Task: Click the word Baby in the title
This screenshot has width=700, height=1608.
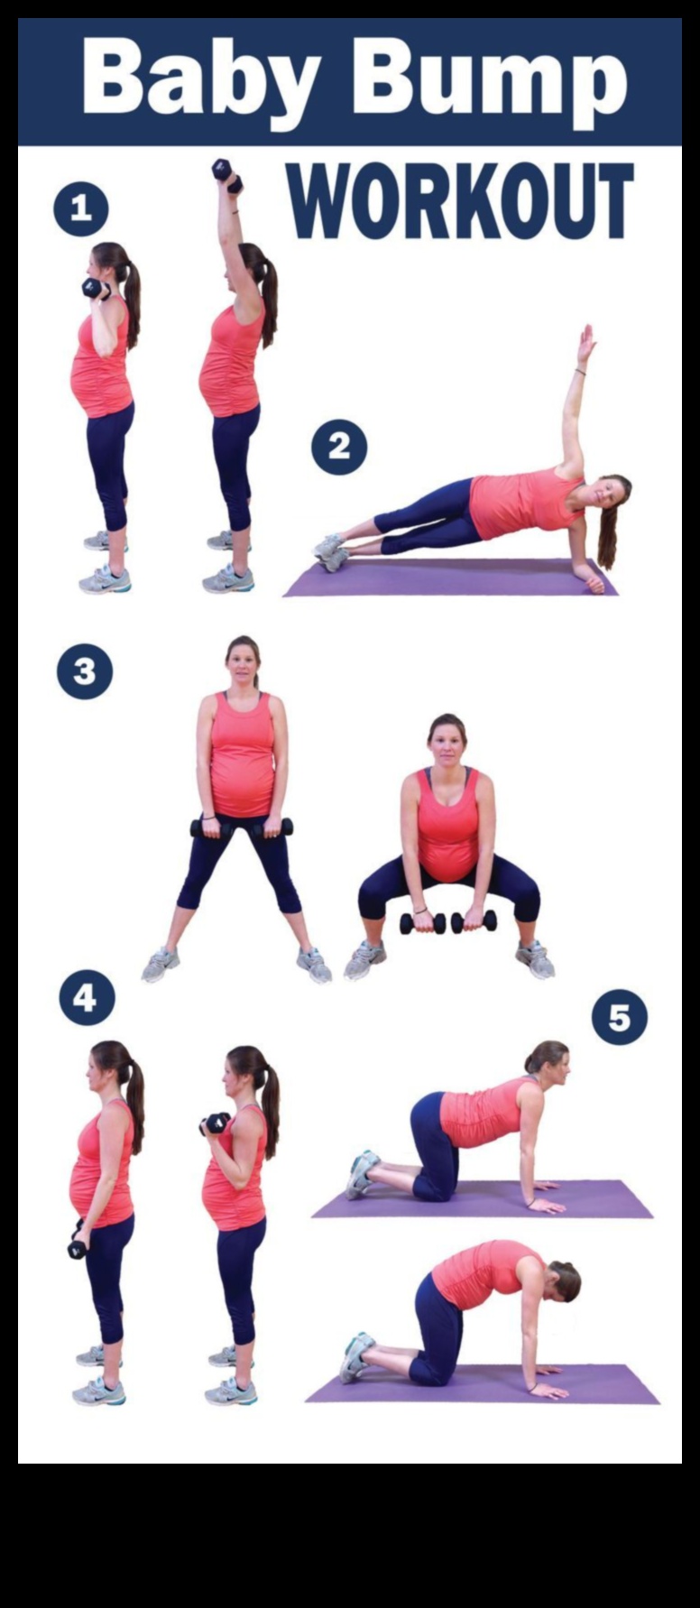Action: [199, 78]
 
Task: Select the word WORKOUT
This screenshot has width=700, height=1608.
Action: [460, 199]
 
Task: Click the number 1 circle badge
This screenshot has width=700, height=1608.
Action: [81, 209]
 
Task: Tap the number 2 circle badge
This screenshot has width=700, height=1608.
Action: [339, 447]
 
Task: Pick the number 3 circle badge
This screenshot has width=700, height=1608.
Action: [85, 672]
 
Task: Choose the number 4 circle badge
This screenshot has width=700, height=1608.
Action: [87, 998]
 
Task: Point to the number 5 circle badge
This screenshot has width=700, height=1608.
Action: [619, 1018]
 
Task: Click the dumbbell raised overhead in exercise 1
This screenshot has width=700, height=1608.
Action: [226, 174]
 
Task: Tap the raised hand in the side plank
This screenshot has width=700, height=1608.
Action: [586, 344]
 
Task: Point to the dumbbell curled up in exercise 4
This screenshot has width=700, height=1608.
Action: [215, 1123]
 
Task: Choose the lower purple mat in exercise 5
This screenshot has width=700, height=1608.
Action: [483, 1386]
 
